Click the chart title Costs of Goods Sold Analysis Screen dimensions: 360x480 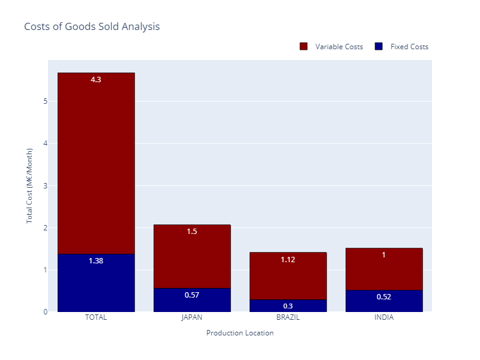coord(92,27)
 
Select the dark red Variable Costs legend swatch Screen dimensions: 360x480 coord(304,47)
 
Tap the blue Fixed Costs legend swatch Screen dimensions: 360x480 coord(379,47)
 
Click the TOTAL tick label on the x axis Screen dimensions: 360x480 coord(96,317)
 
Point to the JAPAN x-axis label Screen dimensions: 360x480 coord(192,317)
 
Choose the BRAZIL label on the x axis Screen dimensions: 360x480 coord(288,317)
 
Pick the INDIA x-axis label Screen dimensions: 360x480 coord(384,317)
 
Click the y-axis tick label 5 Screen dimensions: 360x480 coord(45,101)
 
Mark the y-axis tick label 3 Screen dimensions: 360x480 coord(45,185)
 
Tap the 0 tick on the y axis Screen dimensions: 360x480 coord(45,312)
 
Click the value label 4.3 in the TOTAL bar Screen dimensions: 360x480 coord(96,79)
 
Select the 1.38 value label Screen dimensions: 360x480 coord(96,261)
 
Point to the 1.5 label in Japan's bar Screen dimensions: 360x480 coord(192,232)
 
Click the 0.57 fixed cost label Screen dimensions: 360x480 coord(192,295)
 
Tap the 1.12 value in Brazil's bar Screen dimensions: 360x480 coord(288,260)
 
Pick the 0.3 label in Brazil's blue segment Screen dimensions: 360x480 coord(288,306)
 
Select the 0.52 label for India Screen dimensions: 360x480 coord(384,296)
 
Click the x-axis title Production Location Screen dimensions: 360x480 coord(240,333)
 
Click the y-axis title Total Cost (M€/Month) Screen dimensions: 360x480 coord(29,185)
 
